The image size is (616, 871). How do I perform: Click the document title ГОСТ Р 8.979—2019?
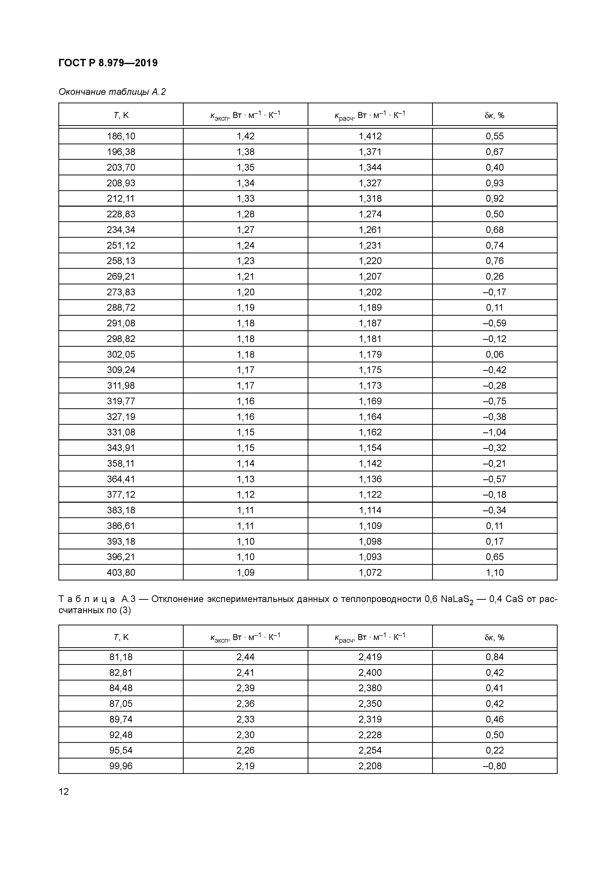point(108,63)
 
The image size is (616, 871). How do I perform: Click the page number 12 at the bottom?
point(64,791)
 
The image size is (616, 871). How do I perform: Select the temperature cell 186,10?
point(121,136)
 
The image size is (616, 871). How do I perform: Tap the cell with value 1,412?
point(370,136)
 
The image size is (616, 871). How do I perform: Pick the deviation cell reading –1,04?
point(494,432)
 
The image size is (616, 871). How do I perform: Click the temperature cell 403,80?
point(121,572)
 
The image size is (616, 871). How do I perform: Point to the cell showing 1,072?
point(370,572)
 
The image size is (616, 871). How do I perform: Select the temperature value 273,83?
point(121,292)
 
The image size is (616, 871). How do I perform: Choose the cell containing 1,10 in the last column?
point(494,572)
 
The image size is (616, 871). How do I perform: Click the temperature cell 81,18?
point(121,657)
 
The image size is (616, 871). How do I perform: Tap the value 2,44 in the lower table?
point(245,657)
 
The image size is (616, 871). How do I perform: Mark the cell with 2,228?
point(370,735)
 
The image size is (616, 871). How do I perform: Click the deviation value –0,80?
point(494,766)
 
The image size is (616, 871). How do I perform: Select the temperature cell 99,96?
point(121,766)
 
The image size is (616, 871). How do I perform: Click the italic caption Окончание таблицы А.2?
point(112,92)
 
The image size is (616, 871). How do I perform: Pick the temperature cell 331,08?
point(121,432)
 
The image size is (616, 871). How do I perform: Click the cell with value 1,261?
point(370,230)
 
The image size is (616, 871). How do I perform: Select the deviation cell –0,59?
point(494,323)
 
